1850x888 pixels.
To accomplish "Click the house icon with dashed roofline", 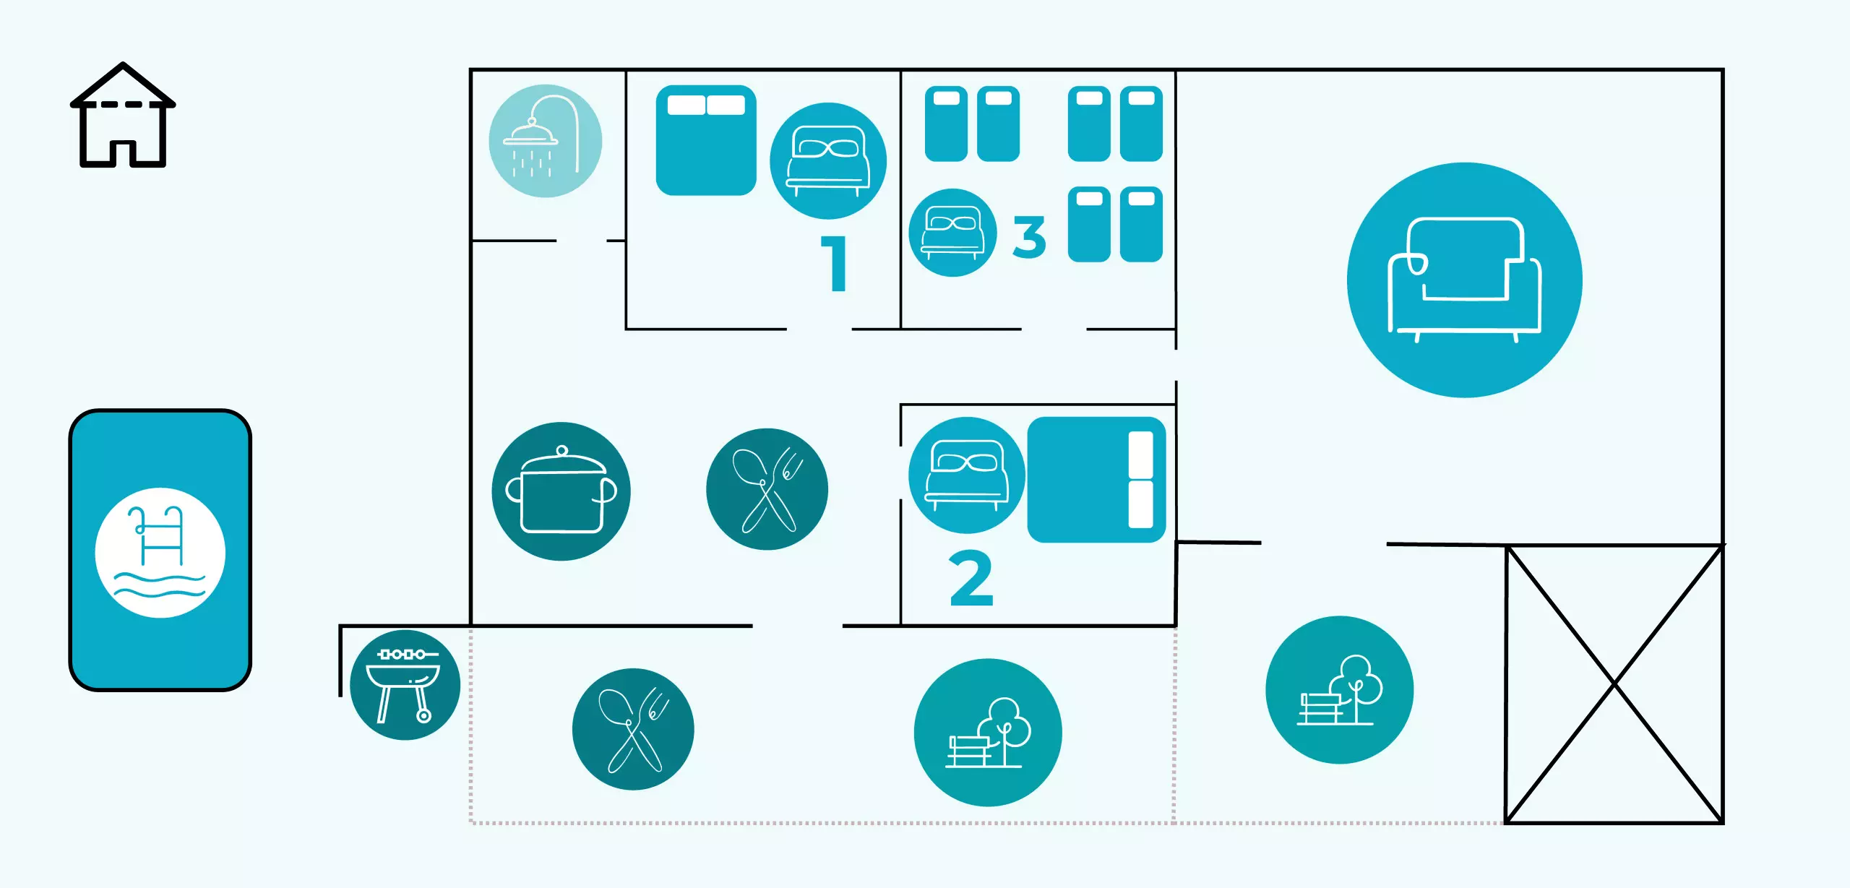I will tap(123, 116).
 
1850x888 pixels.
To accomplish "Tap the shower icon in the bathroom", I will tap(546, 141).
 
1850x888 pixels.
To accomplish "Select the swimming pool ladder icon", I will tap(160, 553).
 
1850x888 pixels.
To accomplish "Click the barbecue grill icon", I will tap(405, 685).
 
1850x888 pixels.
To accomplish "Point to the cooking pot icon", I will tap(561, 491).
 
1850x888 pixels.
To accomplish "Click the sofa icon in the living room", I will tap(1464, 280).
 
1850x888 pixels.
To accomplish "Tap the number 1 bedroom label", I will tap(835, 264).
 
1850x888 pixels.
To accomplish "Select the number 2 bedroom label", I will tap(971, 578).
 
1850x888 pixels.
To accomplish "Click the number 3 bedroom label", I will tap(1029, 236).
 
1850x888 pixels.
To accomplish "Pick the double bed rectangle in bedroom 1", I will tap(706, 140).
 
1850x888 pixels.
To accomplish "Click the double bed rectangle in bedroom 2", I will tap(1096, 480).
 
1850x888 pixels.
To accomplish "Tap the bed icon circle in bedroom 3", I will tap(952, 233).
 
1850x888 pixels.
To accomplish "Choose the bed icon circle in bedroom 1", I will tap(828, 161).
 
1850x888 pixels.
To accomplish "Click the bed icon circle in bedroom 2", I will tap(967, 475).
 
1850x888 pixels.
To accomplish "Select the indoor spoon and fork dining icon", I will tap(767, 489).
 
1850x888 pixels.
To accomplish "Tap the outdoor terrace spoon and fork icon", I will tap(633, 729).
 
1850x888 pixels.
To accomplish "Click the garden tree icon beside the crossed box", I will tap(1339, 690).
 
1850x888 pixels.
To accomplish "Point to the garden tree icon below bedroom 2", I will tap(988, 733).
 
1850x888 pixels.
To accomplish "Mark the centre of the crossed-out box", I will tap(1614, 684).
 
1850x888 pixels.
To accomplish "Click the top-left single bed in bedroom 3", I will tap(946, 124).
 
